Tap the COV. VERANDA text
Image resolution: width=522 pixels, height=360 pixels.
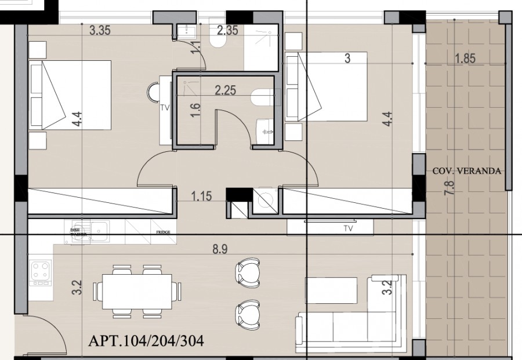point(467,171)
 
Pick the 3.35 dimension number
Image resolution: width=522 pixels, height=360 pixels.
point(100,31)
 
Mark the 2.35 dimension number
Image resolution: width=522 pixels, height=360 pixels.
point(227,31)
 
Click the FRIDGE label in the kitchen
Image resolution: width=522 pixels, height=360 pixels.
point(162,232)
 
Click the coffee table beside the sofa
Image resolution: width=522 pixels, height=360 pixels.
point(332,288)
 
